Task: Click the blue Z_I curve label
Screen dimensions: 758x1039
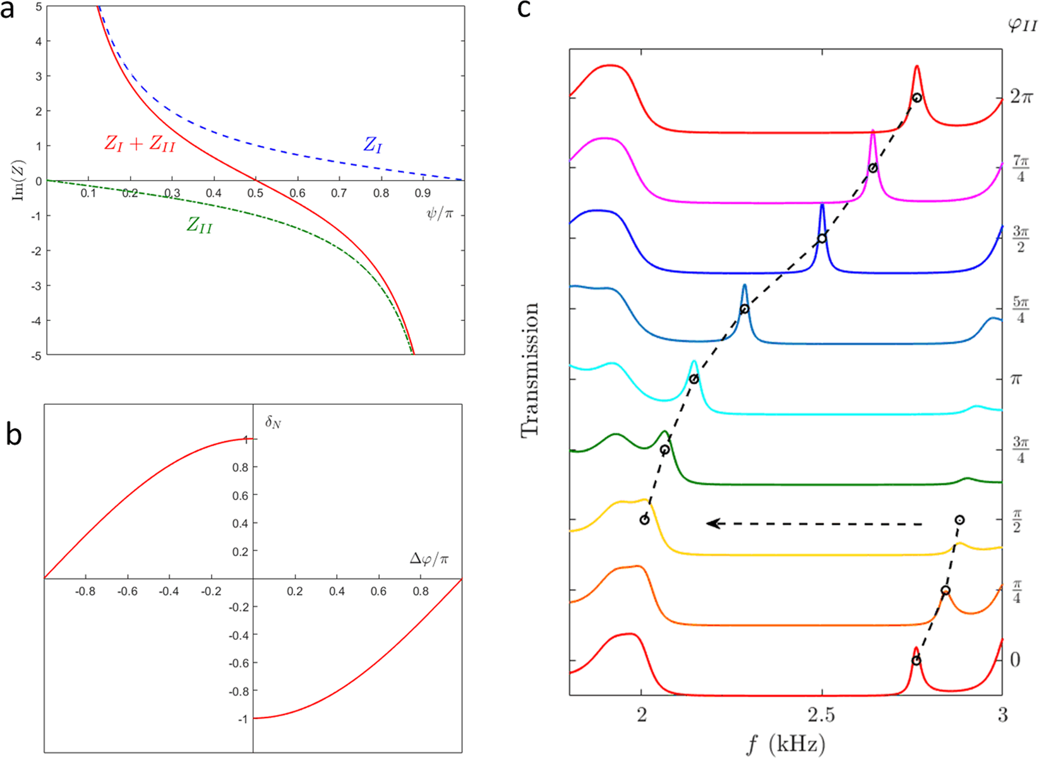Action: (x=373, y=146)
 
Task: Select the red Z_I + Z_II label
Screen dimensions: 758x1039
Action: (x=140, y=144)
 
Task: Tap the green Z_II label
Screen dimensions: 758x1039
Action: (x=200, y=225)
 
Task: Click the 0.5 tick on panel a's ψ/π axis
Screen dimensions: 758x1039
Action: (x=255, y=193)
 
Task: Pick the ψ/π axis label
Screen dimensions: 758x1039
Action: (x=440, y=214)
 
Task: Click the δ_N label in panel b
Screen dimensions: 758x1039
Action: (x=273, y=421)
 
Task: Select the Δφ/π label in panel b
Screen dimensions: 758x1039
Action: (x=429, y=559)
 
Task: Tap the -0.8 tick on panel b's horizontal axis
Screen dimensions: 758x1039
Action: (x=85, y=592)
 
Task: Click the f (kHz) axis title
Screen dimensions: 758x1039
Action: (x=786, y=744)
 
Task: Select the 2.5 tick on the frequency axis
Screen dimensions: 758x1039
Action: (x=820, y=716)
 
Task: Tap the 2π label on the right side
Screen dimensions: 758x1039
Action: (x=1021, y=97)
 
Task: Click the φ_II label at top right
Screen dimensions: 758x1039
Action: (x=1022, y=25)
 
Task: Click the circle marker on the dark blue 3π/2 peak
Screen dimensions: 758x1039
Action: (x=822, y=239)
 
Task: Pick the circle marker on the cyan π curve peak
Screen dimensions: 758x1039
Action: (x=694, y=379)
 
